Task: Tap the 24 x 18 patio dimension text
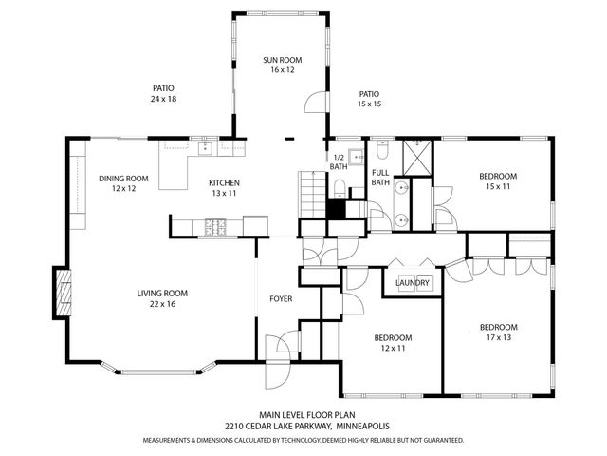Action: click(x=163, y=100)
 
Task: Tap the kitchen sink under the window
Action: click(x=201, y=147)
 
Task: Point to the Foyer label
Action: click(x=281, y=299)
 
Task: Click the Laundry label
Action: click(x=413, y=283)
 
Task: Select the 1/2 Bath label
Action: click(x=339, y=162)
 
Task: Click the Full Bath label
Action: click(x=380, y=178)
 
